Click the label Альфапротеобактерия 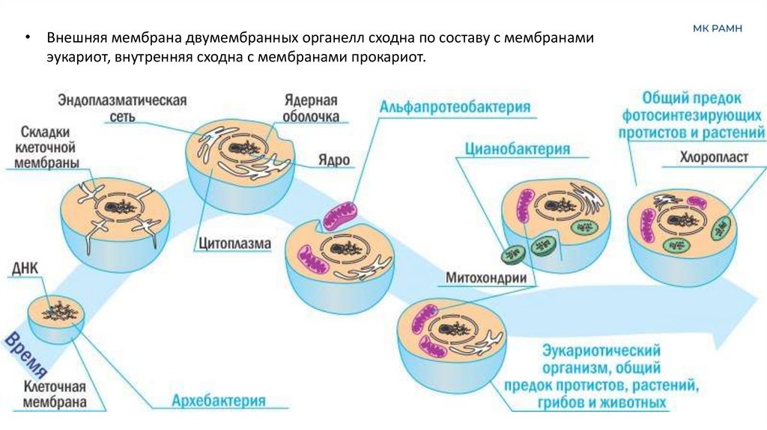click(x=455, y=107)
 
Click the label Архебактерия click(x=219, y=401)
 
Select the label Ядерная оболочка click(x=311, y=109)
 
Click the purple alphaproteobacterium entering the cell click(x=342, y=214)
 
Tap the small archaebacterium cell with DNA click(x=56, y=315)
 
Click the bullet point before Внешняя click(x=27, y=38)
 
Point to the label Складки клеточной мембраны click(x=46, y=147)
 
